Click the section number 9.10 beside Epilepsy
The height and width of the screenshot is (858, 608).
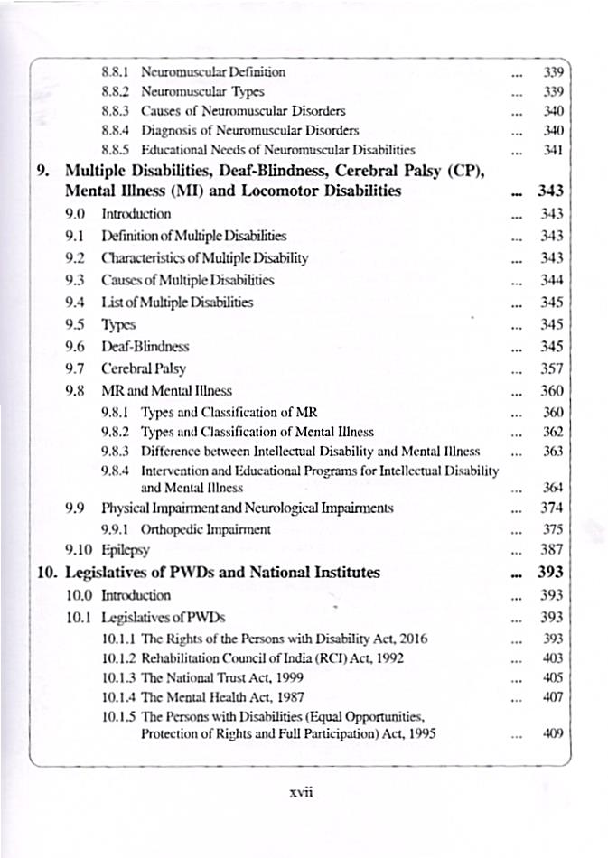pos(80,549)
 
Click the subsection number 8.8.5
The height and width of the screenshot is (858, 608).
pos(117,150)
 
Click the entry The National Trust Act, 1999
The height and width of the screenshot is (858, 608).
pos(222,676)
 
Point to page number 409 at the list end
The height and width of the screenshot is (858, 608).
pos(552,733)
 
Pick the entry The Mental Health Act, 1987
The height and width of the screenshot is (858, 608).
pos(223,696)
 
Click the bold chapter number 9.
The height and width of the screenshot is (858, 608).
pos(47,171)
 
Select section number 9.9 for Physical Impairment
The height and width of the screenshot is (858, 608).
pos(76,507)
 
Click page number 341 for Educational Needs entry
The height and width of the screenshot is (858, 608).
pos(552,150)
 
